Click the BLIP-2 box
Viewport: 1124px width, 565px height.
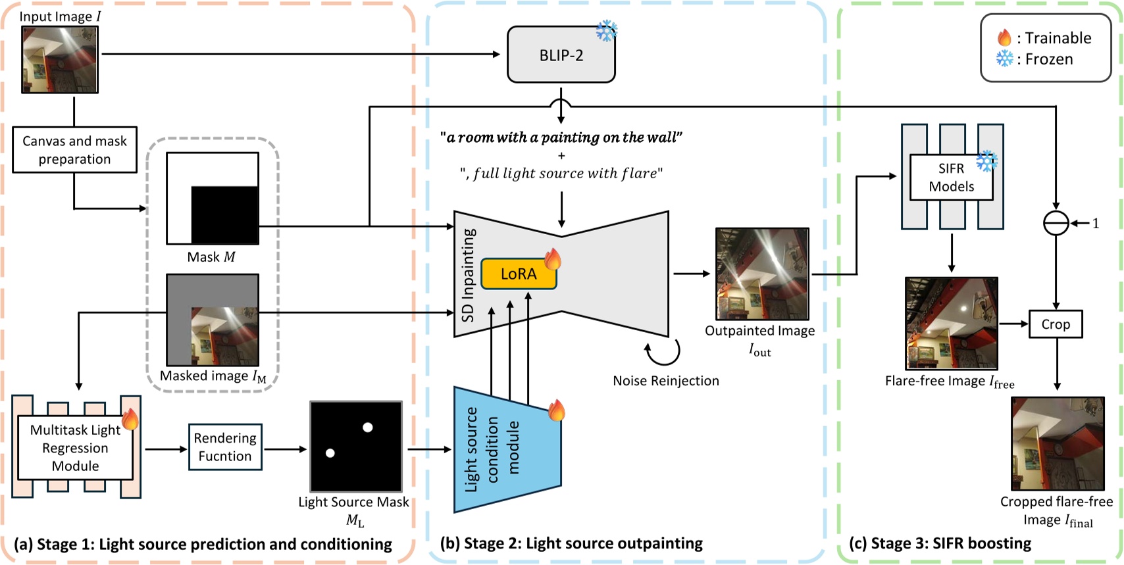tap(561, 55)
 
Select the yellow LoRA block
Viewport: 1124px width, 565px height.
tap(518, 274)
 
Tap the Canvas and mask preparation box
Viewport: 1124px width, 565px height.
tap(74, 150)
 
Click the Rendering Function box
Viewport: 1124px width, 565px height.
tap(225, 447)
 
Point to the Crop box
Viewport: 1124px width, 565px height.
tap(1055, 324)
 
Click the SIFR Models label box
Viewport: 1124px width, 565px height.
tap(951, 178)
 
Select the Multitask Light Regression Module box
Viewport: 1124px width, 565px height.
tap(75, 448)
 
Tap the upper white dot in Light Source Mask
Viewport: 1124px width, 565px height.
tap(368, 428)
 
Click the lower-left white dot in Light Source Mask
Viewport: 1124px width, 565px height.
tap(330, 453)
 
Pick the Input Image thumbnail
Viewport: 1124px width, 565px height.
tap(60, 60)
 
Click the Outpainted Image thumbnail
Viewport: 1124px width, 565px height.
tap(762, 274)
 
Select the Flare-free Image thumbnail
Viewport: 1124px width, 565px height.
tap(951, 323)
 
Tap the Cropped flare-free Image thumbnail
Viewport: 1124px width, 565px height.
tap(1058, 443)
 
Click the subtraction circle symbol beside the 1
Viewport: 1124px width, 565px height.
tap(1056, 224)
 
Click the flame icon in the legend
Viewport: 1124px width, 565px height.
tap(1004, 37)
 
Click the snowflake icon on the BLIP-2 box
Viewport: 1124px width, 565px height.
tap(606, 31)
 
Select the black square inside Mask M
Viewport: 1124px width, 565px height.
tap(224, 215)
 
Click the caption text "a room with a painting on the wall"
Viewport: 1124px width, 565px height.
tap(561, 137)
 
